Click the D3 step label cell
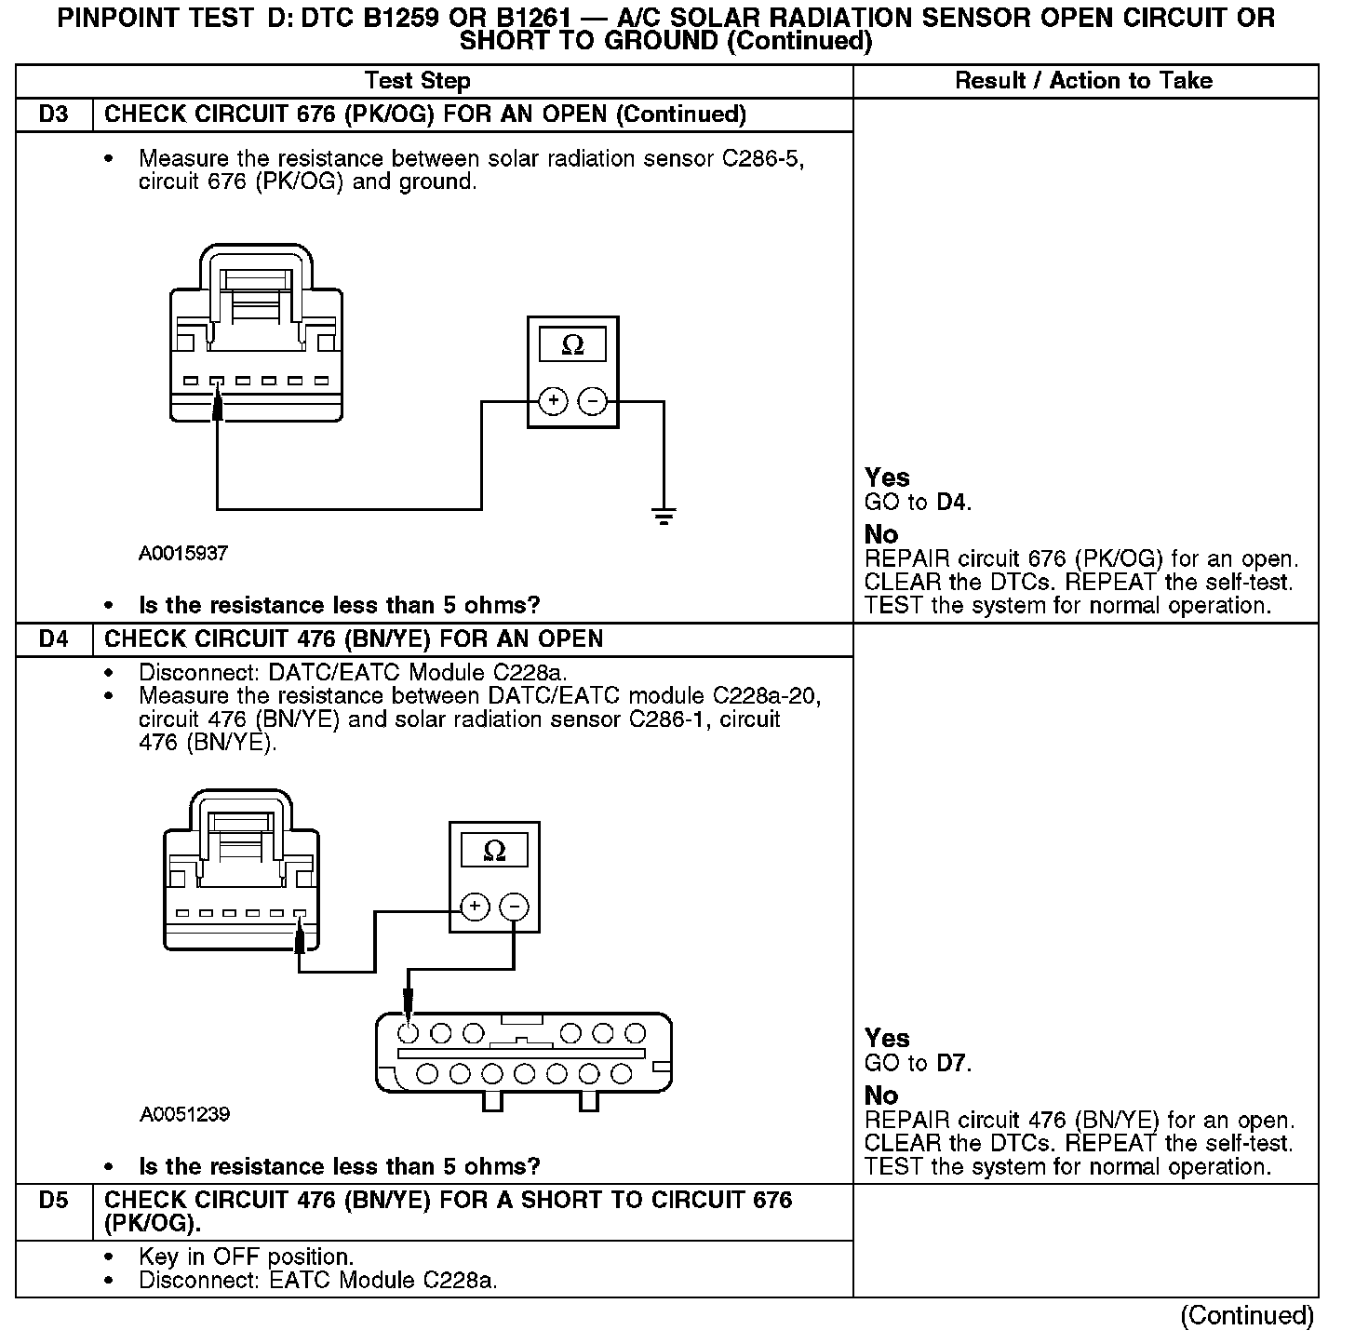click(x=54, y=114)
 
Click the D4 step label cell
click(x=54, y=639)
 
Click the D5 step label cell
click(x=54, y=1201)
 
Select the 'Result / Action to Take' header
click(x=1084, y=81)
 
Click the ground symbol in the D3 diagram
click(x=664, y=516)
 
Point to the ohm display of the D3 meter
click(x=573, y=346)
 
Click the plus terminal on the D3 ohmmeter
click(x=553, y=401)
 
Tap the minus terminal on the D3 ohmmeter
click(x=593, y=401)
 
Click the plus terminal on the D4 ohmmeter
click(x=475, y=907)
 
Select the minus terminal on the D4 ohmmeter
click(x=515, y=907)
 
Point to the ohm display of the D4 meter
click(x=495, y=851)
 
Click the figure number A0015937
click(x=183, y=553)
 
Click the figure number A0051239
click(x=185, y=1114)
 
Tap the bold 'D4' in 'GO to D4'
click(x=952, y=503)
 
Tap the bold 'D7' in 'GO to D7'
click(x=952, y=1063)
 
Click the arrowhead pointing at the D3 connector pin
click(x=218, y=406)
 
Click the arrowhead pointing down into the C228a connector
click(x=408, y=1003)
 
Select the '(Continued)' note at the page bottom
click(x=1247, y=1315)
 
